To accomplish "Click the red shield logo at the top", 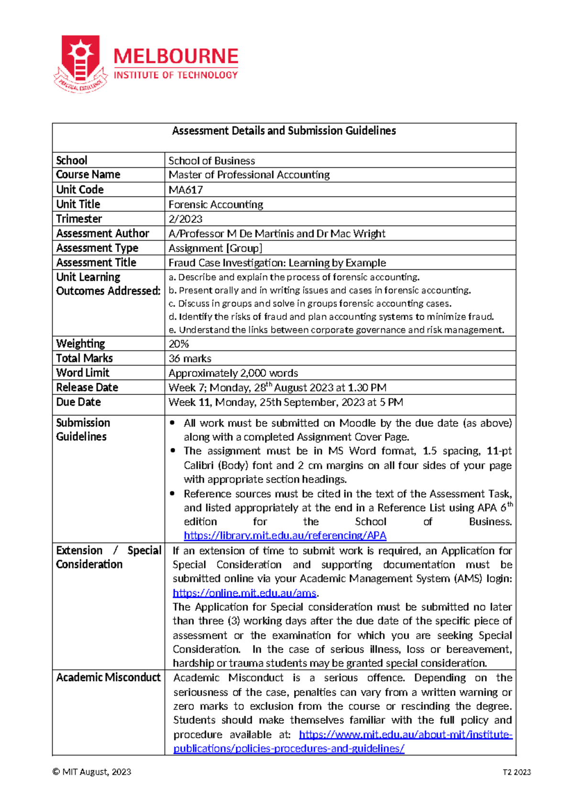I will point(80,62).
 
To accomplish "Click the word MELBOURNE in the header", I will point(176,57).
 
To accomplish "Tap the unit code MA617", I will point(186,190).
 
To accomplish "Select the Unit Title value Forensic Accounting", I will point(215,205).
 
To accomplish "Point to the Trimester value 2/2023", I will point(185,219).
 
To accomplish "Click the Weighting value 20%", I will point(178,344).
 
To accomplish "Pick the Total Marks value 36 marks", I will point(189,359).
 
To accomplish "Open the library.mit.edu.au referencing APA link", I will point(285,536).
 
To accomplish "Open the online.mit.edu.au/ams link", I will point(244,593).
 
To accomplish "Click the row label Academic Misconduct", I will point(108,678).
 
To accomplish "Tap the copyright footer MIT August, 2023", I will point(92,772).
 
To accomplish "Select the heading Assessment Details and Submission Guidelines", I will point(284,131).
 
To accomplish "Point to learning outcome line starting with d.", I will point(331,317).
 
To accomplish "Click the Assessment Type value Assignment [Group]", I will point(215,248).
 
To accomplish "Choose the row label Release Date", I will point(87,387).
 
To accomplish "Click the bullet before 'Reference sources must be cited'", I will point(173,493).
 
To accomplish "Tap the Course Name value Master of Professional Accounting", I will point(249,175).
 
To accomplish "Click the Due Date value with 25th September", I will point(286,403).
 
